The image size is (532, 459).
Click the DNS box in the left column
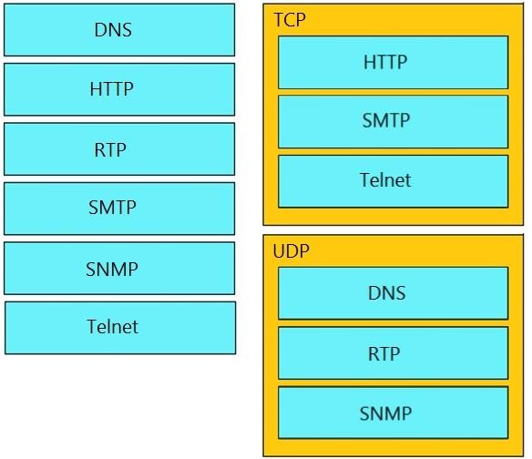pyautogui.click(x=119, y=30)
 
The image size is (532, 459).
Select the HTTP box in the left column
pyautogui.click(x=119, y=89)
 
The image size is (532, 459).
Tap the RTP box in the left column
pyautogui.click(x=119, y=149)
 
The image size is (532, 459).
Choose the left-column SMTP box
pyautogui.click(x=119, y=209)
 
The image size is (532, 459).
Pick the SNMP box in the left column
pyautogui.click(x=119, y=269)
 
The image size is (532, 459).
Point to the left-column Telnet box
pyautogui.click(x=120, y=328)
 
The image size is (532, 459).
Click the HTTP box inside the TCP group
pyautogui.click(x=394, y=63)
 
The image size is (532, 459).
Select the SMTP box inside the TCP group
pyautogui.click(x=394, y=122)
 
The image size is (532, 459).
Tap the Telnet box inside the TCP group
pyautogui.click(x=394, y=181)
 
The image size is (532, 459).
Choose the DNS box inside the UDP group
pyautogui.click(x=394, y=293)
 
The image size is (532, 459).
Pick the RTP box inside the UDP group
pyautogui.click(x=394, y=353)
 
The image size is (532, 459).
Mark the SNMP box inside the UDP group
pyautogui.click(x=394, y=413)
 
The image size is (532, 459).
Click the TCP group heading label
pyautogui.click(x=290, y=20)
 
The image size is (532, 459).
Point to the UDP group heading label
pyautogui.click(x=292, y=251)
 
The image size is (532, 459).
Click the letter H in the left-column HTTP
pyautogui.click(x=96, y=89)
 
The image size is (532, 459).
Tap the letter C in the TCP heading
pyautogui.click(x=290, y=20)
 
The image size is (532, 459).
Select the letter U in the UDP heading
pyautogui.click(x=279, y=251)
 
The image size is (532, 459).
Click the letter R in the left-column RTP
pyautogui.click(x=100, y=150)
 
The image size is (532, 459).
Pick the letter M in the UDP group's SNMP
pyautogui.click(x=393, y=413)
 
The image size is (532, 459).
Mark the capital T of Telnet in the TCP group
pyautogui.click(x=365, y=179)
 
